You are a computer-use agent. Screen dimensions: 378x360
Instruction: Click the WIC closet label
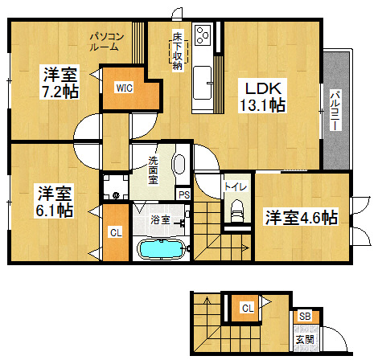tap(125, 88)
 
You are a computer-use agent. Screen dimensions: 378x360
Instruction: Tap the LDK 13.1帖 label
tap(263, 96)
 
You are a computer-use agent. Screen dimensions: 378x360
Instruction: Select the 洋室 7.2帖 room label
tap(60, 82)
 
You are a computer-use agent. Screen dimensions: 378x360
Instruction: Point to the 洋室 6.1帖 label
tap(55, 201)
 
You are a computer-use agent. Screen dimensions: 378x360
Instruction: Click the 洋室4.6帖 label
tap(301, 218)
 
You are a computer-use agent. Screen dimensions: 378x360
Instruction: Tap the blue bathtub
tap(161, 249)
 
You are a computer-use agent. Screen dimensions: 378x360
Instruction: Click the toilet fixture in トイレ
tap(237, 210)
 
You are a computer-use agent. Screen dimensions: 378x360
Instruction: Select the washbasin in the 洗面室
tap(179, 164)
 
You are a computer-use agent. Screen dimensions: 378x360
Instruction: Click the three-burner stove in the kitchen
tap(203, 35)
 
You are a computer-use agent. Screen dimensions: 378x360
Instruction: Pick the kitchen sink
tap(202, 83)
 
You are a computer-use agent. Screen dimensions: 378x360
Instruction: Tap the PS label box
tap(184, 194)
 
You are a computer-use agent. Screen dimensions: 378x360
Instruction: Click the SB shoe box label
tap(305, 317)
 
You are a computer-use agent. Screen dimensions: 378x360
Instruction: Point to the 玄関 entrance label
tap(305, 340)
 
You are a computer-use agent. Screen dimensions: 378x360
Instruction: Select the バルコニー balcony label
tap(335, 110)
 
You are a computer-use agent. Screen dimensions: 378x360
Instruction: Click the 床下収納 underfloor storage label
tap(177, 51)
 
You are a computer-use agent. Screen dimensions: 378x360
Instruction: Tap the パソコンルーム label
tap(106, 42)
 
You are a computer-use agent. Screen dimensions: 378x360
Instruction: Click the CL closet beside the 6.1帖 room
tap(116, 232)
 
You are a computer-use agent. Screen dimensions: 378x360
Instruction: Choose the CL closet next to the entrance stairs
tap(247, 308)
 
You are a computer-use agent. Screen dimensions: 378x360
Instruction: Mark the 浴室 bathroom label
tap(160, 220)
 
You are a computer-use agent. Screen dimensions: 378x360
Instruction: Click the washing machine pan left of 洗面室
tap(116, 186)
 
